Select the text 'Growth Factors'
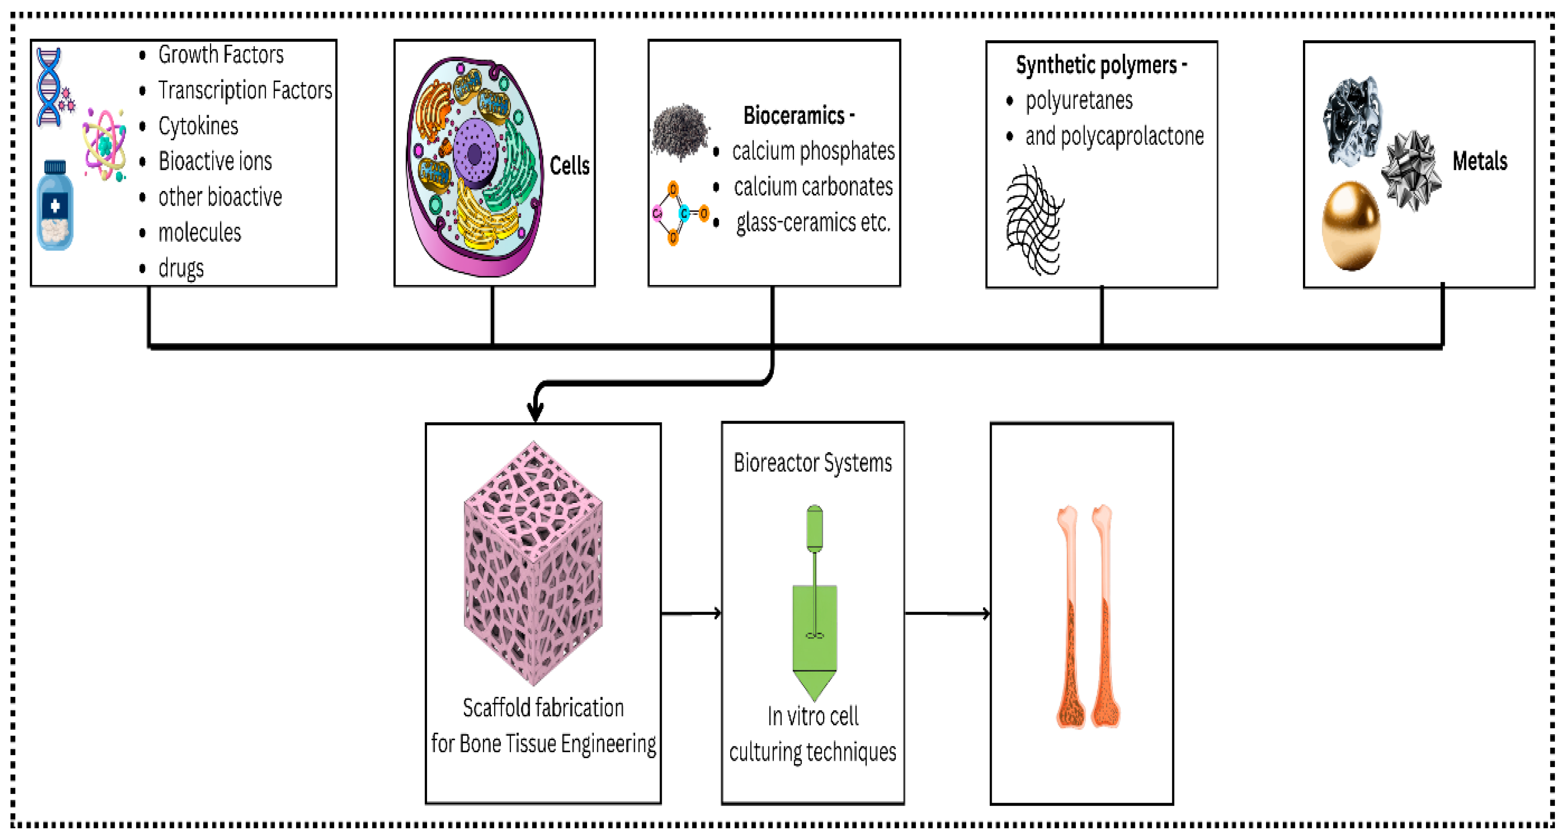220,55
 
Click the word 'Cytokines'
198,126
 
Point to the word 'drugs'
181,268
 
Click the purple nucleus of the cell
475,154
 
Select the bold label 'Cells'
569,165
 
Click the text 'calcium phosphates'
813,151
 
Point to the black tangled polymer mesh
1034,220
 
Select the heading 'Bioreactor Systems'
812,463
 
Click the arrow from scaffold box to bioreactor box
691,613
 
